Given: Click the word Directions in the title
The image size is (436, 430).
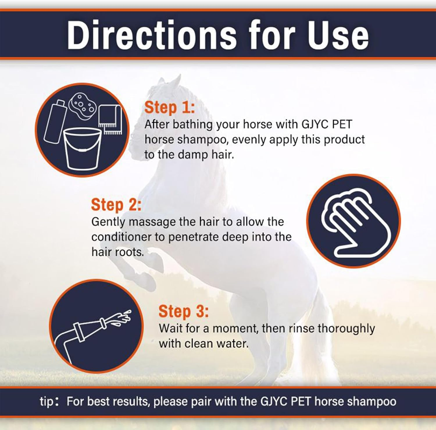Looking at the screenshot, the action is point(151,35).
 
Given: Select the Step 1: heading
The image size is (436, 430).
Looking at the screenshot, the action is point(169,107).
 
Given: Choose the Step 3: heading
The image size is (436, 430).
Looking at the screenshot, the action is point(183,311).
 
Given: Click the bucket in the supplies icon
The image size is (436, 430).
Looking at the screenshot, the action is point(83,149).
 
